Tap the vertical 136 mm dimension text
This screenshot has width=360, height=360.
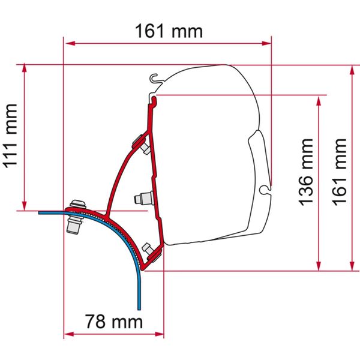click(307, 172)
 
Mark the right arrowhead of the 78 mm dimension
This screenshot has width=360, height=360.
click(160, 334)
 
